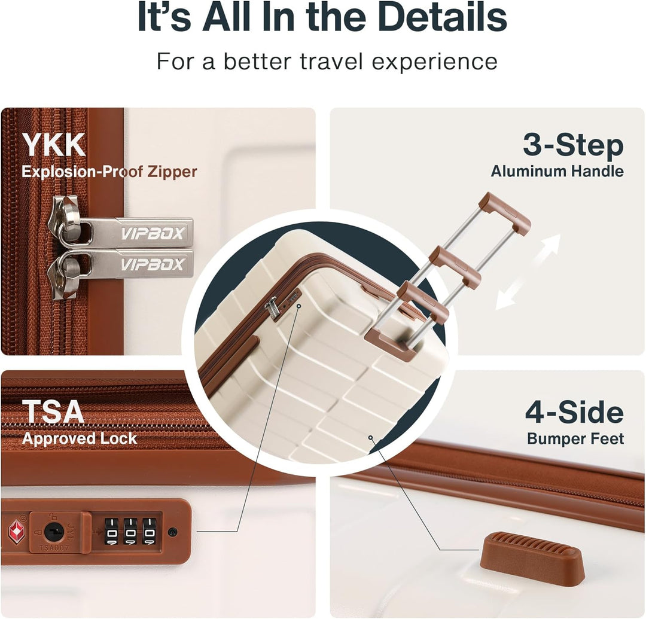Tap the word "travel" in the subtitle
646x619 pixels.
(331, 61)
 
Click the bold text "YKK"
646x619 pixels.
(54, 145)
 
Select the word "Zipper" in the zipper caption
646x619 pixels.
(172, 171)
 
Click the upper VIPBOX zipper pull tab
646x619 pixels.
(136, 232)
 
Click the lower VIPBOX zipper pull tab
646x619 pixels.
(136, 264)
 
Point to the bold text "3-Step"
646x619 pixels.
(573, 146)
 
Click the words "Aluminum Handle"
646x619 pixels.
(557, 171)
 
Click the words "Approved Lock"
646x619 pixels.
(80, 438)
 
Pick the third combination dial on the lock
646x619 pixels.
(150, 532)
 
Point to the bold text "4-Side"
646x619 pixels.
(574, 413)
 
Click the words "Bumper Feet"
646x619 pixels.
(575, 438)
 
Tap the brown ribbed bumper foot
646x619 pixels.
(532, 557)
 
